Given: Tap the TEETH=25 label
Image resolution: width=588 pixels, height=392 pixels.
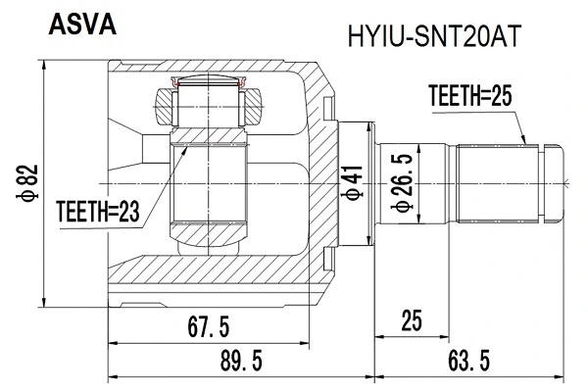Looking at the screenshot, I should click(471, 95).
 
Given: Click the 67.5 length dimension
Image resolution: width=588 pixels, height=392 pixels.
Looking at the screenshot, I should click(208, 327).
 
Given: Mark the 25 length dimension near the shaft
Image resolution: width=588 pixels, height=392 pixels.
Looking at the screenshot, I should click(412, 320).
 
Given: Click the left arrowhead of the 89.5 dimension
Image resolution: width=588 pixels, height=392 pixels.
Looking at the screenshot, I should click(112, 375).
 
